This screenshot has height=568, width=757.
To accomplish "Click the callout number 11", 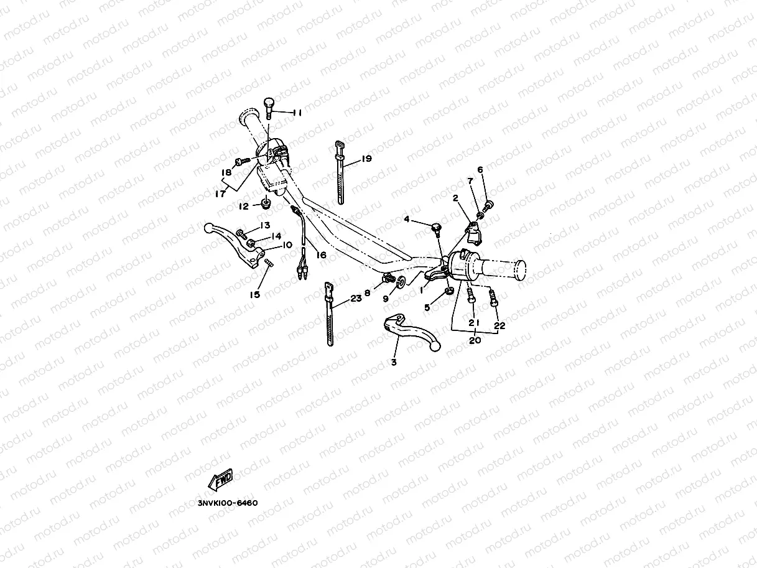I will click(x=297, y=113).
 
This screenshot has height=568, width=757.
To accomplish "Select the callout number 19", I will click(x=366, y=159).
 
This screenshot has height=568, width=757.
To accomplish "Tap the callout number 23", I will click(x=356, y=298).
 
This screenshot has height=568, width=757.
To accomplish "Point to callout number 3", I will click(x=394, y=361).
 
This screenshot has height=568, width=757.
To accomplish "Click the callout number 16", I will click(x=321, y=255).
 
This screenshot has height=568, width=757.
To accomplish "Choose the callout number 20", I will click(x=475, y=341).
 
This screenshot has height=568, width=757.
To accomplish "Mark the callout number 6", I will click(x=480, y=170).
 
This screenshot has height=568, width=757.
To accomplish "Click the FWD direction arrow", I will click(x=221, y=479).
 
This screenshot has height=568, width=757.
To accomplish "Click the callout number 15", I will click(x=254, y=294).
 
